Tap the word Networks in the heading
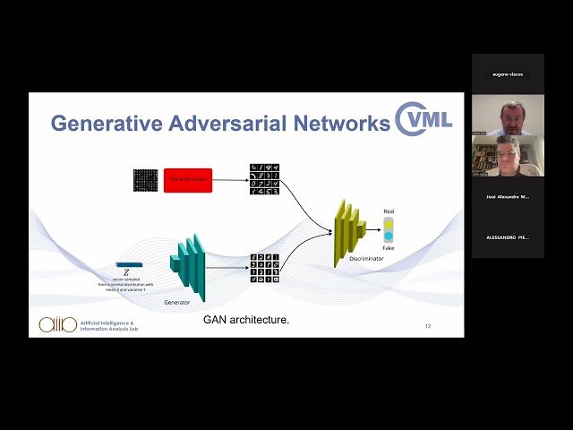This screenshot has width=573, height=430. [x=341, y=124]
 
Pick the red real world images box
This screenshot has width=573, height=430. [x=188, y=180]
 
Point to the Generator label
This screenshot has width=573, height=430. [x=177, y=303]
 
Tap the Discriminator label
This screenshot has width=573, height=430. [x=367, y=258]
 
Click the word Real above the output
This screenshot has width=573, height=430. [x=389, y=211]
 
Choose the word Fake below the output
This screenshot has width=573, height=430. [x=389, y=248]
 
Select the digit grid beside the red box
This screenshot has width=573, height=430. [x=264, y=180]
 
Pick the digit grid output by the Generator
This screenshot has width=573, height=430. [x=264, y=268]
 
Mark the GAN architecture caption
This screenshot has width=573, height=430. [x=246, y=319]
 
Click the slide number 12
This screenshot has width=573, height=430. [x=428, y=326]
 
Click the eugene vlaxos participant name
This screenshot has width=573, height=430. [x=508, y=74]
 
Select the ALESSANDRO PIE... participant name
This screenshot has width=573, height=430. [x=508, y=237]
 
